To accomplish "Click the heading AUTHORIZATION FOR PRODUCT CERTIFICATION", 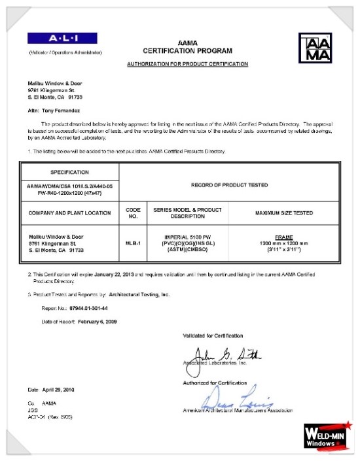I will (x=187, y=64).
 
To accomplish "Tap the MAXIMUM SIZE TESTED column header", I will (x=283, y=213).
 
